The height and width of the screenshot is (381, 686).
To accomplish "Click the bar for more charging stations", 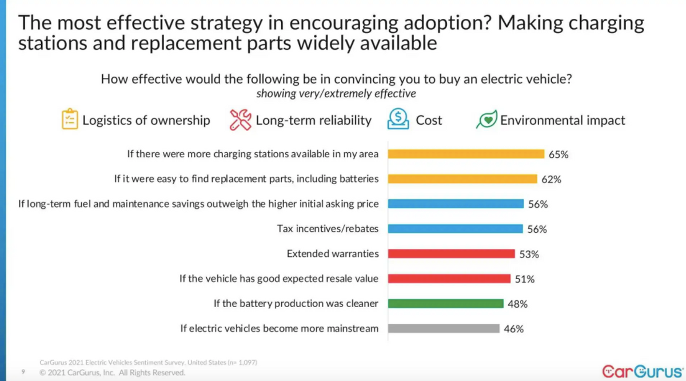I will click(x=466, y=154).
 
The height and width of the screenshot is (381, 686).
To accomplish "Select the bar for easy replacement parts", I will click(x=462, y=179).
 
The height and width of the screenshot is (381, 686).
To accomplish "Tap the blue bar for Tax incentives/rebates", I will click(x=455, y=229).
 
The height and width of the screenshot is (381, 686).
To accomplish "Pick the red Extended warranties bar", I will click(x=452, y=253).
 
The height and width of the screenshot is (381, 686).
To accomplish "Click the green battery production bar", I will click(x=445, y=304).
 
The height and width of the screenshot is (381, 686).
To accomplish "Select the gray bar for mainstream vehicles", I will click(x=444, y=328).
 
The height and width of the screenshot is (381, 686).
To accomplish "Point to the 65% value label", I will click(x=559, y=154).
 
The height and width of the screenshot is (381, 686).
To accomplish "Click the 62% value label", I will click(x=552, y=180).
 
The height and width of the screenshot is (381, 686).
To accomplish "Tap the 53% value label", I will click(x=529, y=254).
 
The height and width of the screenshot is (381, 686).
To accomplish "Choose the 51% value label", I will click(x=525, y=279).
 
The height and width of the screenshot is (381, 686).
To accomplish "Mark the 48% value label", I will click(x=517, y=304).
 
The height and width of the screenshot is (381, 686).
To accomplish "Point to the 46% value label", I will click(x=514, y=329).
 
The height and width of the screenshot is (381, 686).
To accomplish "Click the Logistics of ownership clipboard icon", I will click(x=70, y=120).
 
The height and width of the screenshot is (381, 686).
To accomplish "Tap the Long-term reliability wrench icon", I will click(x=240, y=120).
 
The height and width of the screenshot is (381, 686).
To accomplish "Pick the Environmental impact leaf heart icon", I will click(x=486, y=120).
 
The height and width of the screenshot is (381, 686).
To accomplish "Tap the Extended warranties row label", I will click(x=333, y=253).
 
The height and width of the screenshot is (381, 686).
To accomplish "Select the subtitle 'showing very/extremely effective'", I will click(x=336, y=94).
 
